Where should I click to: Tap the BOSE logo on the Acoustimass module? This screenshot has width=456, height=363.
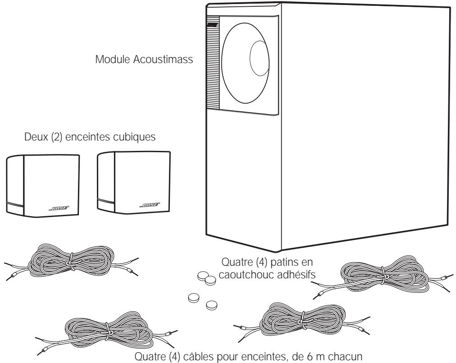click(x=212, y=23)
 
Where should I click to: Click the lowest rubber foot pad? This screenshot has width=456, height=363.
click(x=211, y=306)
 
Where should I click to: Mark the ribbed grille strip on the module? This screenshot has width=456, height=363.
click(x=213, y=68)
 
